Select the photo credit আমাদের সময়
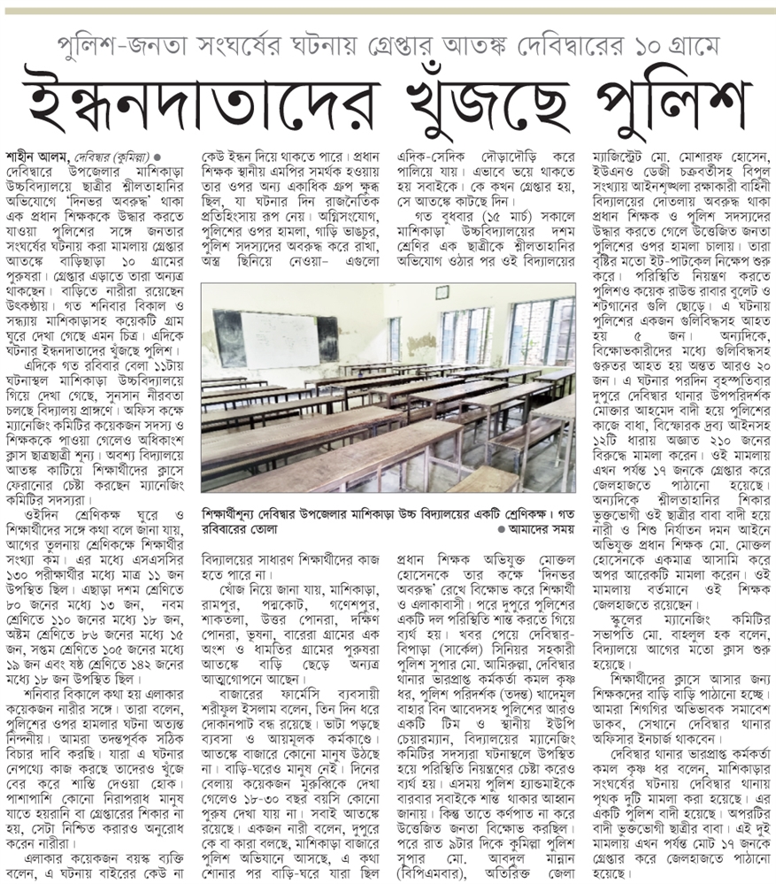tap(537, 527)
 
